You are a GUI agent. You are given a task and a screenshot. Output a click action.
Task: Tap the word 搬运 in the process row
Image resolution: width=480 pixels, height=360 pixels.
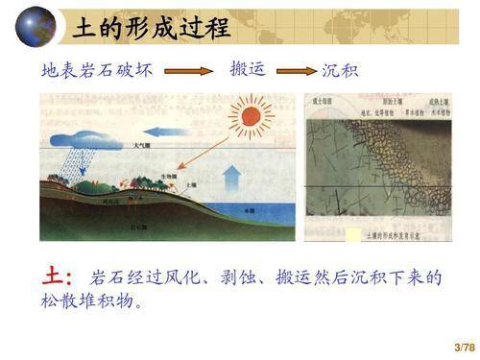tap(247, 69)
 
